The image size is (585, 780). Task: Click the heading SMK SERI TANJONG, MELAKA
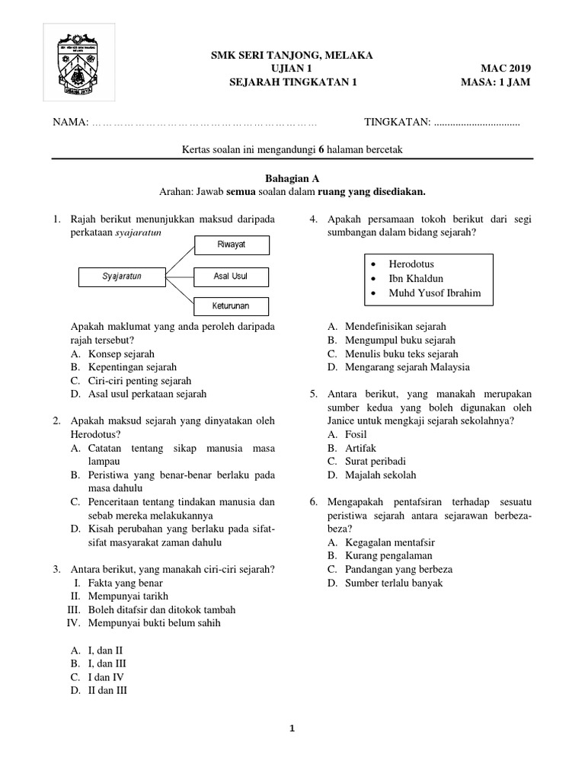[x=292, y=56]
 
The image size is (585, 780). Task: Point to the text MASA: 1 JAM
[x=496, y=83]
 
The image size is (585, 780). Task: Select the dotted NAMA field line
[x=204, y=123]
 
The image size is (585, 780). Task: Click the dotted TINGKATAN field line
[x=476, y=123]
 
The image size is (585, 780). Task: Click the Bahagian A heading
[x=292, y=177]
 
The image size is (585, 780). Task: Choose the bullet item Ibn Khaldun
[x=416, y=278]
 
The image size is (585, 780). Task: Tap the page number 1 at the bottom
[x=292, y=729]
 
